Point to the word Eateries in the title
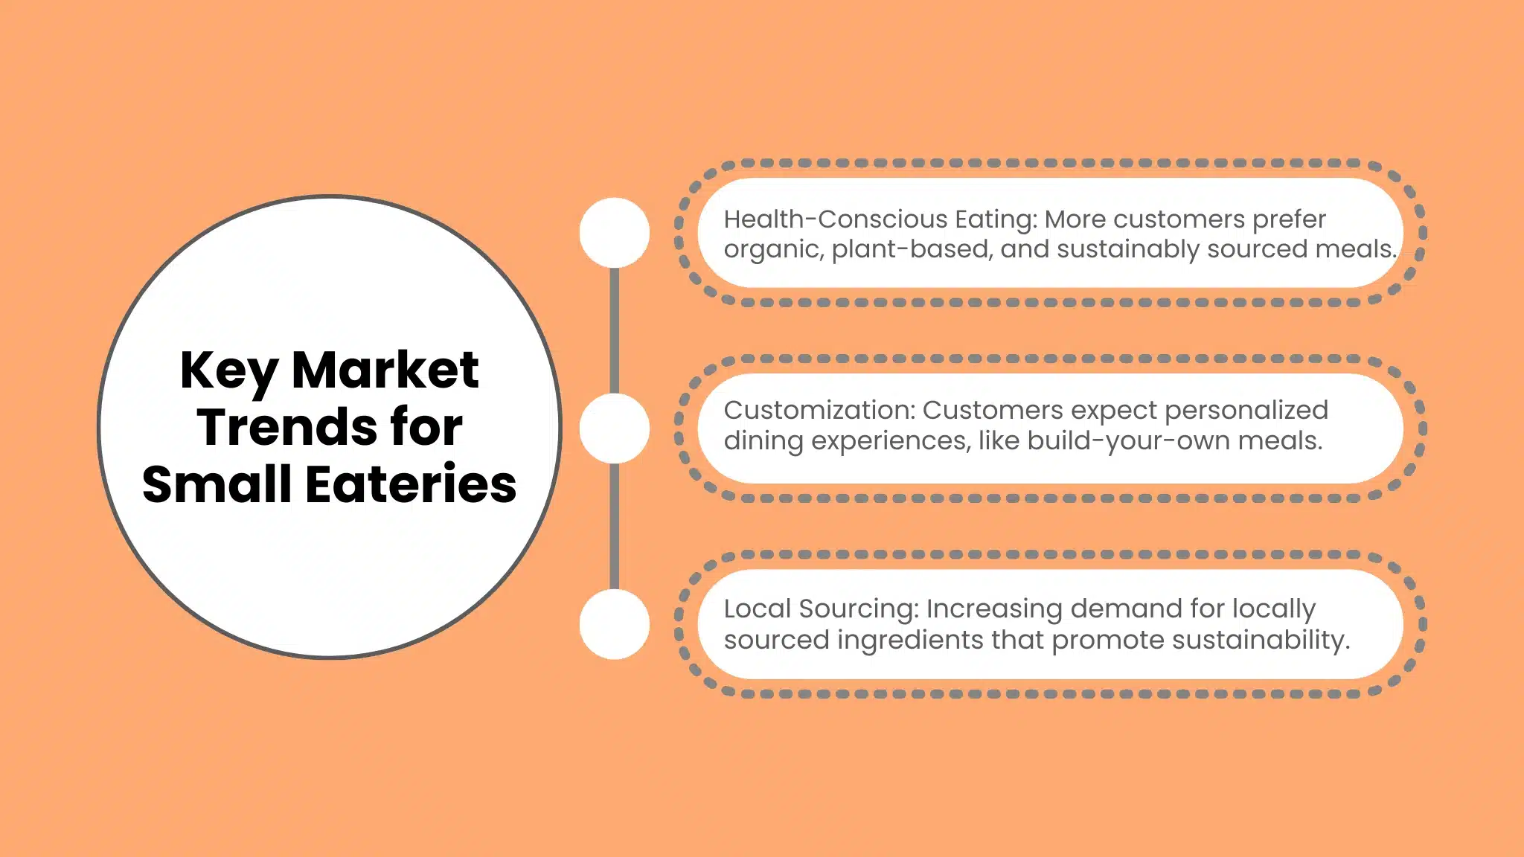411,484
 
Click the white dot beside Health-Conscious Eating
614,233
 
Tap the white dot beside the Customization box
614,428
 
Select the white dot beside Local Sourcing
614,624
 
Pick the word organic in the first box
773,250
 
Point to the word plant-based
912,249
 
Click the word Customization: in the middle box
819,410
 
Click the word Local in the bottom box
758,609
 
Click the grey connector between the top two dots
614,330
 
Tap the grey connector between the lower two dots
614,526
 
